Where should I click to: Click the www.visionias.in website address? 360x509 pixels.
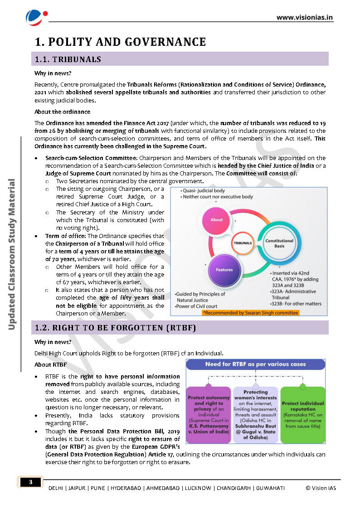point(305,18)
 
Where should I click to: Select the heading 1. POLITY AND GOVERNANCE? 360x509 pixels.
point(121,42)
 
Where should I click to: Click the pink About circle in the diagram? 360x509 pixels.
point(217,219)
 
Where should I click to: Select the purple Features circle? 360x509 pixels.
point(224,270)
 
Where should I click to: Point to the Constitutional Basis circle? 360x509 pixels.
point(279,243)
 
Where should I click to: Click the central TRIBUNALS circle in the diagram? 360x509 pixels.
point(243,243)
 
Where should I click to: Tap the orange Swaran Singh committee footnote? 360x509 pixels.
point(250,313)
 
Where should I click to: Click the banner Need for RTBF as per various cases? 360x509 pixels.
point(255,364)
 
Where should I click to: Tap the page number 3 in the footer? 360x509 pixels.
point(31,482)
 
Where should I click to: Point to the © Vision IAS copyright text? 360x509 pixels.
point(321,488)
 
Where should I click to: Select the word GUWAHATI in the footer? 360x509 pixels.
point(271,488)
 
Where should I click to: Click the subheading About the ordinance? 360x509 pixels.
point(62,111)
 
